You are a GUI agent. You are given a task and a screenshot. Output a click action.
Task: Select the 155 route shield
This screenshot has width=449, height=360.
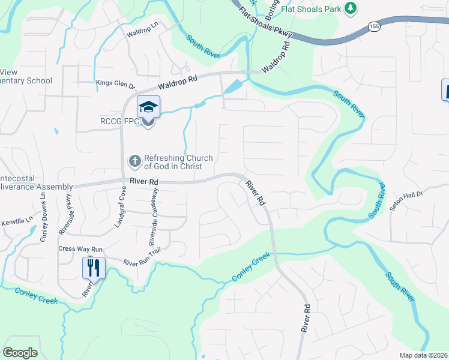pyautogui.click(x=374, y=27)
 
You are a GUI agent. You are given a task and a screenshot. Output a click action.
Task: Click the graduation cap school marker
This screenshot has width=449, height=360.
pyautogui.click(x=148, y=107)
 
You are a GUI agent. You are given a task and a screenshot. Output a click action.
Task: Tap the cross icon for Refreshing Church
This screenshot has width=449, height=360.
pyautogui.click(x=135, y=161)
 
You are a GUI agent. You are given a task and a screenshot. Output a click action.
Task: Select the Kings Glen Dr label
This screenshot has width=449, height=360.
pyautogui.click(x=115, y=84)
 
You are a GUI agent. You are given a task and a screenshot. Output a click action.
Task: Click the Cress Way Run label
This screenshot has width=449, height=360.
pyautogui.click(x=81, y=249)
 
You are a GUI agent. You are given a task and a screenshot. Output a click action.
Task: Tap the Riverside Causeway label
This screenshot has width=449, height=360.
pyautogui.click(x=154, y=217)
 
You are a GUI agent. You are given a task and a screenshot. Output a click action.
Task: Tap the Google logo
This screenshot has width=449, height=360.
pyautogui.click(x=20, y=353)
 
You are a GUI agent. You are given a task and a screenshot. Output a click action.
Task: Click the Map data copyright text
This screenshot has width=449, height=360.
pyautogui.click(x=424, y=355)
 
